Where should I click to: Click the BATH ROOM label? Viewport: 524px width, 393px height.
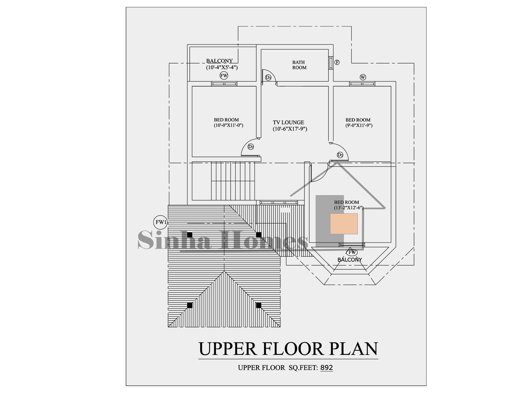[299, 65]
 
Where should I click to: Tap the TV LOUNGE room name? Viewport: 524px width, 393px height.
[289, 122]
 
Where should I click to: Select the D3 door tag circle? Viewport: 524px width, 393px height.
[268, 78]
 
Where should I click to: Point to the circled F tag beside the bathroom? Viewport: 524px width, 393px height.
[337, 62]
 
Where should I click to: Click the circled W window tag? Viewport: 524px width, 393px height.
[363, 77]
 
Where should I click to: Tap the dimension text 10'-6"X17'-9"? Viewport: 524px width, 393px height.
[290, 129]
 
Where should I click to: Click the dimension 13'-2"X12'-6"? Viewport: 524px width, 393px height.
[349, 208]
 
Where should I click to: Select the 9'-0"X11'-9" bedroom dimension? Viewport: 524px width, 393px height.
[359, 125]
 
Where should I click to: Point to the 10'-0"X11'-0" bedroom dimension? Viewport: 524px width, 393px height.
[228, 125]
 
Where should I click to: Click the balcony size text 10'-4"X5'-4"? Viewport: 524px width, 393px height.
[222, 67]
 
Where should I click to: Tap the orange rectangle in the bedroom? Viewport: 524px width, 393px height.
[344, 224]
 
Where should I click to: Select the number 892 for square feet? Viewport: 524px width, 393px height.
[326, 368]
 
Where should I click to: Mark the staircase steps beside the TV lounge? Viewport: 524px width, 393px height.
[233, 181]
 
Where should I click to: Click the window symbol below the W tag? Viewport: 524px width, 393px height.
[362, 84]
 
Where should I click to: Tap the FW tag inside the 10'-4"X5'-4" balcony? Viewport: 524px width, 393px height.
[224, 76]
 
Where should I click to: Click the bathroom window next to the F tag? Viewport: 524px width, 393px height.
[331, 63]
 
